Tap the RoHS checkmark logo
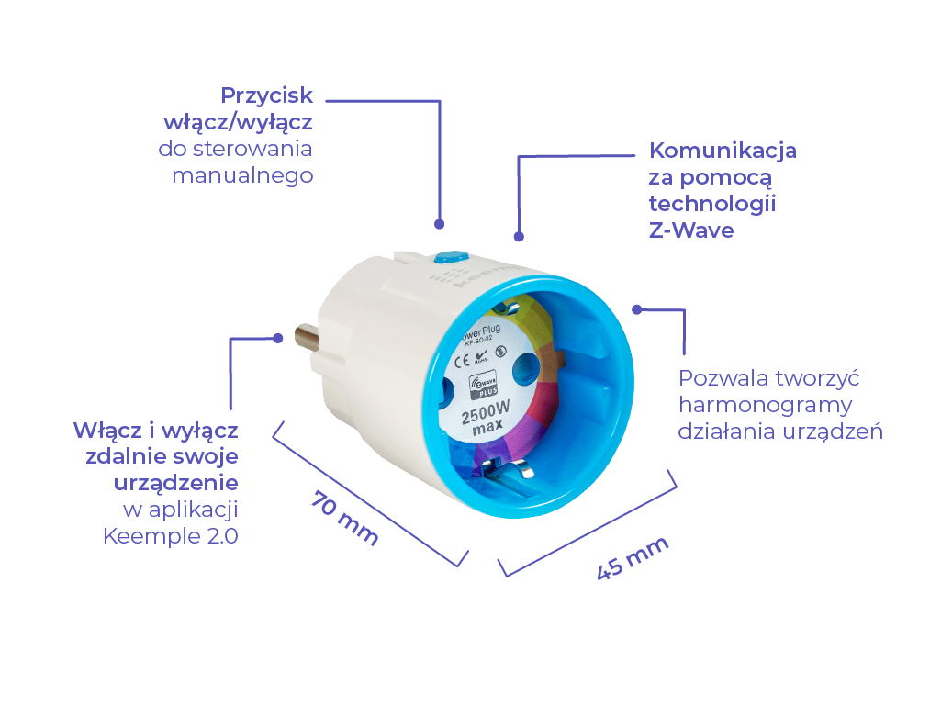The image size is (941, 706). click(x=483, y=353)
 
